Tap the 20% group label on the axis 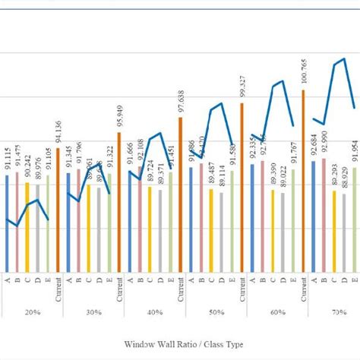point(31,313)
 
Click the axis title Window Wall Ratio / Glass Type point(180,344)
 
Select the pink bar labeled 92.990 point(324,216)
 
